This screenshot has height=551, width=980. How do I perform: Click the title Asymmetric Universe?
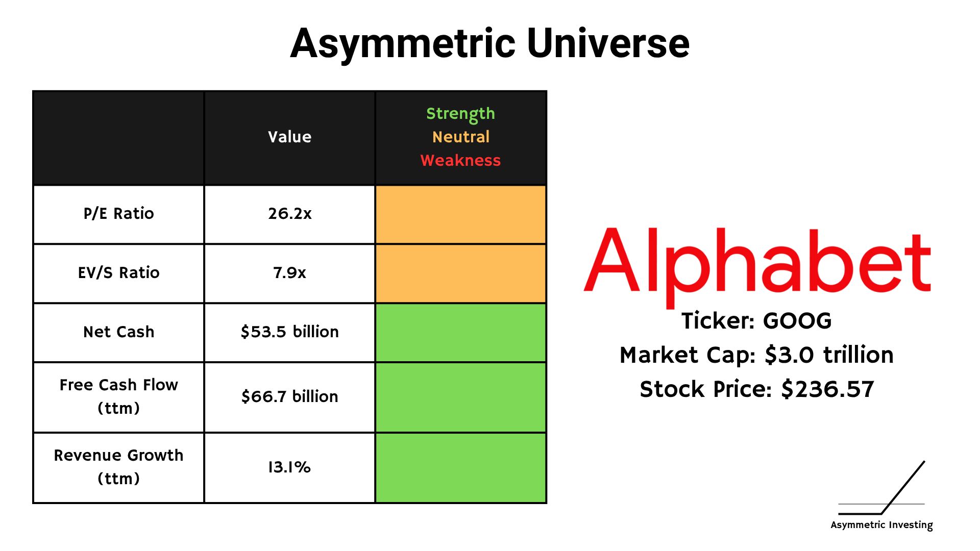coord(490,44)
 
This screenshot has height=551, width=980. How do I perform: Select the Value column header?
coord(289,137)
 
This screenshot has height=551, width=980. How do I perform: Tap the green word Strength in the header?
coord(460,114)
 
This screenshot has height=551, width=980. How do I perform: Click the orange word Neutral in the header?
coord(460,137)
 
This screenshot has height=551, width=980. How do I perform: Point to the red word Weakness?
coord(460,160)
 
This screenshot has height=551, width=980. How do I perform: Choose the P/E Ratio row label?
coord(118,213)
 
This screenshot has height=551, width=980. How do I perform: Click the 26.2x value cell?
coord(289,213)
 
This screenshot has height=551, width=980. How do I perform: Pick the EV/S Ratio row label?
coord(118,272)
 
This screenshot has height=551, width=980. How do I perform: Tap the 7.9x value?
coord(289,272)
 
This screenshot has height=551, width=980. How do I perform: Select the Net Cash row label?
coord(118,332)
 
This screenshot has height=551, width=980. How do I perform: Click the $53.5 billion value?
coord(289,332)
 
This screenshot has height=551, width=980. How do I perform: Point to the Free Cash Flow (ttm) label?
coord(118,396)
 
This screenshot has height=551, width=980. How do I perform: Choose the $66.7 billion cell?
coord(289,396)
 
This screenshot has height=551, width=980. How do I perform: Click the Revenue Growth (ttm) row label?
coord(118,467)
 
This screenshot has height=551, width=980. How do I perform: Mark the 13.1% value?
coord(289,467)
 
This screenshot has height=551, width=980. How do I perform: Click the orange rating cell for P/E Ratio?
coord(460,214)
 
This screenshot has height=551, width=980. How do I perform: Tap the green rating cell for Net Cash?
coord(460,333)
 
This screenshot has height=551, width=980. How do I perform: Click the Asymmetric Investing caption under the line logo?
coord(881,525)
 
